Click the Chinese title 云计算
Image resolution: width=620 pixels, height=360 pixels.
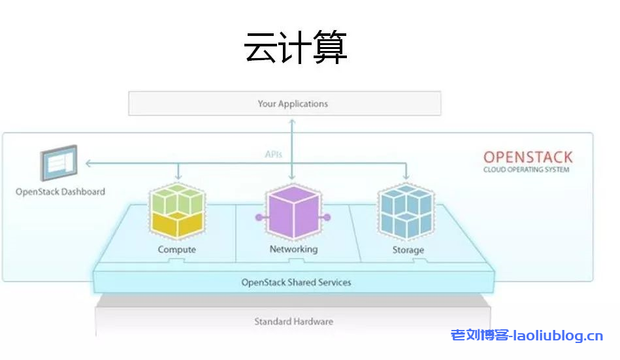click(295, 48)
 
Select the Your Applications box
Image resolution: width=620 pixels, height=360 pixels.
click(284, 104)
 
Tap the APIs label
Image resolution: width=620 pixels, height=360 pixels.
click(273, 155)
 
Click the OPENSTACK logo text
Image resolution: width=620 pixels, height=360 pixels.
click(527, 157)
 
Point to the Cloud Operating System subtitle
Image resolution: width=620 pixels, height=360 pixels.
click(526, 170)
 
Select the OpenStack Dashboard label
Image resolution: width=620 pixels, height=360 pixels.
click(60, 192)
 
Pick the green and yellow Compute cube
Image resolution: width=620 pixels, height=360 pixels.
click(176, 212)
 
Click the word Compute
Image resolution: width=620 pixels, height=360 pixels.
click(176, 250)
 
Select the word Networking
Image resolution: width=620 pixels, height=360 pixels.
click(293, 249)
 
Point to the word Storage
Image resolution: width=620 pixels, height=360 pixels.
click(408, 250)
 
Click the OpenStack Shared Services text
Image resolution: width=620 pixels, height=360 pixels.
click(296, 282)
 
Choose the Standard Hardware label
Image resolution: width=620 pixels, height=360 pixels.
click(293, 321)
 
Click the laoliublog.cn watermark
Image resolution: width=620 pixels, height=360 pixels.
click(527, 336)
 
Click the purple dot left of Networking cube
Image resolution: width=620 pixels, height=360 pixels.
click(259, 217)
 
